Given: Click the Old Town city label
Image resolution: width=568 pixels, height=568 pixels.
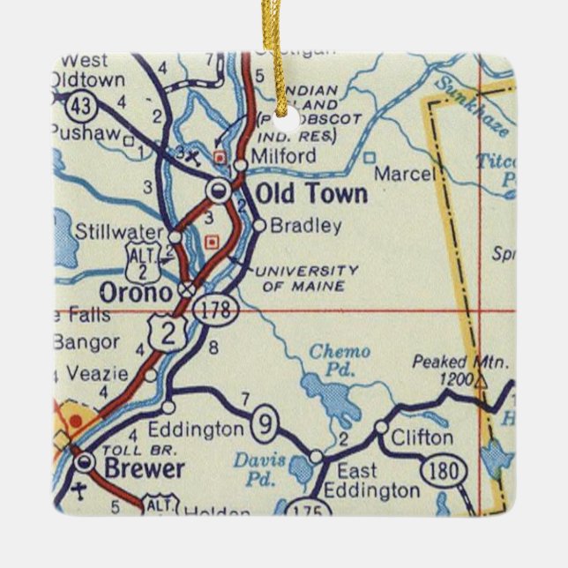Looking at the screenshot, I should (x=310, y=194).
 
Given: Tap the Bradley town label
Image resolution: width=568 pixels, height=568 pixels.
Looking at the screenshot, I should (x=305, y=226).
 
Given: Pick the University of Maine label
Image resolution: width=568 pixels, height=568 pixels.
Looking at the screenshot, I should (x=307, y=278).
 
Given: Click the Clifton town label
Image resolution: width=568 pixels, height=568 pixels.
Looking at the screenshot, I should (x=422, y=437).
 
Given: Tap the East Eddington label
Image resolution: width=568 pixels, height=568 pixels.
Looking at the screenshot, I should (x=370, y=481).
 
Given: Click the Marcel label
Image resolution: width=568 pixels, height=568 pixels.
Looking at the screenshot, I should (x=404, y=174).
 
